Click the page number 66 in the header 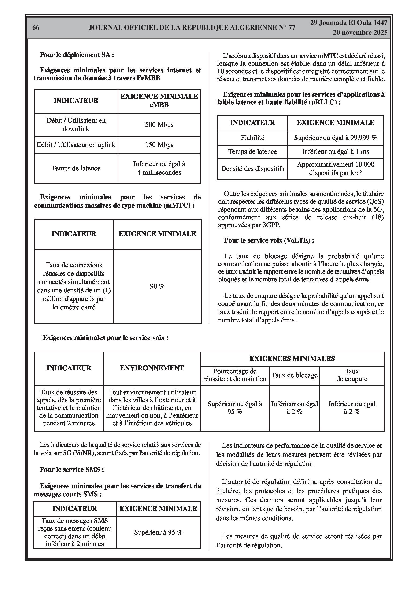pos(36,28)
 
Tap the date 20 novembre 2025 pos(360,33)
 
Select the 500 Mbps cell pos(159,125)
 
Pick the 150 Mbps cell pos(159,145)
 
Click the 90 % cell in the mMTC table pos(157,286)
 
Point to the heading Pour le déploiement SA pos(77,55)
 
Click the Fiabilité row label pos(252,138)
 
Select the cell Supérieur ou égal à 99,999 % pos(335,138)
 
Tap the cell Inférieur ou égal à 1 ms pos(335,152)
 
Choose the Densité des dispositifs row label pos(252,169)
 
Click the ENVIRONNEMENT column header pos(152,368)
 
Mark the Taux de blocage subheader pos(294,375)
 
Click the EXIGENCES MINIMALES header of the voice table pos(292,359)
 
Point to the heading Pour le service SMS pos(72,469)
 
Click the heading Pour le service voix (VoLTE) pos(269,240)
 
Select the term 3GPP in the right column pos(271,225)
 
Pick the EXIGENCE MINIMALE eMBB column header pos(159,101)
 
